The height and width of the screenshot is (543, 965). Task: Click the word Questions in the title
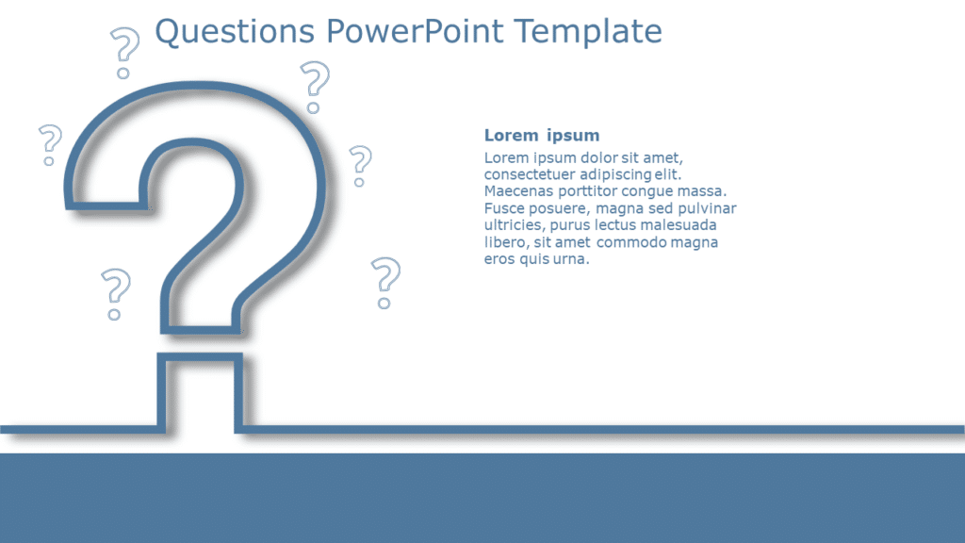[x=235, y=32]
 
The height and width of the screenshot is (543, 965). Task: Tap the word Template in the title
[x=589, y=32]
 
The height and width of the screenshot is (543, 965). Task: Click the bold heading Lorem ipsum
[x=541, y=136]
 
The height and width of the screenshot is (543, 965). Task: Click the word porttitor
[x=597, y=191]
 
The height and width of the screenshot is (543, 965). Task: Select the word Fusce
[x=505, y=208]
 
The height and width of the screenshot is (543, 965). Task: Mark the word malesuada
[x=678, y=225]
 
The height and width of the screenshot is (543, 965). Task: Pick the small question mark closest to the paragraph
[x=384, y=281]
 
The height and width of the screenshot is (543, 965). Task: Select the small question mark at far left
[x=49, y=144]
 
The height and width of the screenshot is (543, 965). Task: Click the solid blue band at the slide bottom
[x=482, y=498]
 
